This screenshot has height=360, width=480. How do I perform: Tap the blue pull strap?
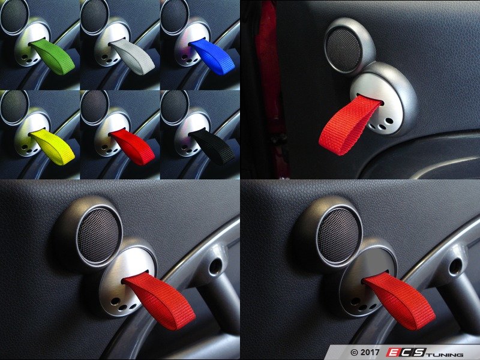(x=211, y=58)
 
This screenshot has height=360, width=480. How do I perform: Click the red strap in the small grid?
(x=133, y=144)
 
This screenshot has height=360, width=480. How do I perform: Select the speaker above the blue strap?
(x=173, y=13)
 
